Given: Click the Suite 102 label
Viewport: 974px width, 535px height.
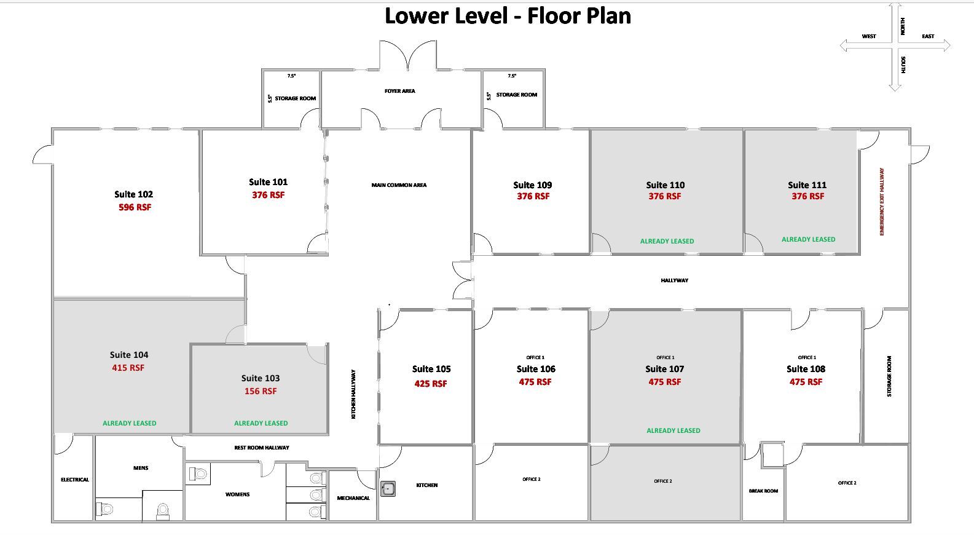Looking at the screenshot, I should tap(133, 194).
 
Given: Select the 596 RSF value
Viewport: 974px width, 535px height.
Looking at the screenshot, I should tap(135, 207).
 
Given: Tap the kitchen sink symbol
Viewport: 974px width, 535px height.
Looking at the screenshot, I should tap(388, 489).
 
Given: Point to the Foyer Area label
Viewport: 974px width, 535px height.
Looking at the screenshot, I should tap(399, 91).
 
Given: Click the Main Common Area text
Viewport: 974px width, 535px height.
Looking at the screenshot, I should tap(399, 185).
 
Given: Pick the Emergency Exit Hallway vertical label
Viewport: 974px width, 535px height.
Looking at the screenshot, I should tap(882, 202).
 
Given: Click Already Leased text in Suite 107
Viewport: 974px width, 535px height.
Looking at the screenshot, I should tap(673, 430).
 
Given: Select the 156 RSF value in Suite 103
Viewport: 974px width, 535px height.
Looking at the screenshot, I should tap(261, 391).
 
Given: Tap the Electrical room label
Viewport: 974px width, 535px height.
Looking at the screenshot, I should tap(75, 480).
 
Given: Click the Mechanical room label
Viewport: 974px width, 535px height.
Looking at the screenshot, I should tap(353, 498).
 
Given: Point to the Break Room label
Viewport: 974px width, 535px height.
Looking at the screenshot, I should tap(763, 491).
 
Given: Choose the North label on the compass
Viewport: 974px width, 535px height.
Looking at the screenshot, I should tap(903, 26).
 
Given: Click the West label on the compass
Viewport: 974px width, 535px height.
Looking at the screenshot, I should tap(869, 36).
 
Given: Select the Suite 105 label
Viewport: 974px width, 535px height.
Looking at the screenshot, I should tap(431, 369).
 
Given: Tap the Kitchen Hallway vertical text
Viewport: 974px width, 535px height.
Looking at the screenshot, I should tap(353, 394).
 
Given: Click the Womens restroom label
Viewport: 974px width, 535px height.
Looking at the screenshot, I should tap(237, 494).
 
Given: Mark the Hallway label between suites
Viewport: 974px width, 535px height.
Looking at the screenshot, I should tap(674, 280).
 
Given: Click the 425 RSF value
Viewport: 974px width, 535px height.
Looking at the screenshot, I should tap(431, 384).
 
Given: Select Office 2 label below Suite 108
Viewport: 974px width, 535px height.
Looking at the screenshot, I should tap(847, 483).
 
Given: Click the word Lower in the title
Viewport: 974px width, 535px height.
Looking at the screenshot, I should tap(417, 15).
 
